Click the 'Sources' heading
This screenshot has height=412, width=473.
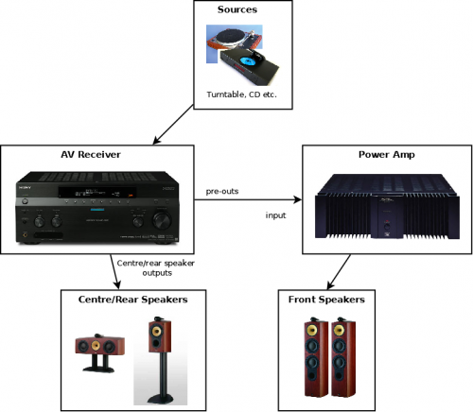237,9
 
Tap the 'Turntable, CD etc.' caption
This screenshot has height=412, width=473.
241,94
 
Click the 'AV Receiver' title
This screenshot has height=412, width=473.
91,155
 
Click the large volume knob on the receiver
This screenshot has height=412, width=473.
162,220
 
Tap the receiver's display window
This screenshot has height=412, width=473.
97,192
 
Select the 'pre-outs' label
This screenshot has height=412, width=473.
222,191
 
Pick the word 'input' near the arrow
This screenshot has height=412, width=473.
275,215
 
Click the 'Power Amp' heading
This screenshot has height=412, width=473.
387,155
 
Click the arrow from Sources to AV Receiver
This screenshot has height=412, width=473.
173,125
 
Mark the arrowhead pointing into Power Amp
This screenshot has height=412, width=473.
298,199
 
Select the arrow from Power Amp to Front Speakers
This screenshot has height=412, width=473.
339,272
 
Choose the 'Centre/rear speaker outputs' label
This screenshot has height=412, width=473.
156,267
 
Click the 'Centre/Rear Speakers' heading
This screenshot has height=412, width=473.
132,300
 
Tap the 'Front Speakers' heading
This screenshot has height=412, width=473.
326,300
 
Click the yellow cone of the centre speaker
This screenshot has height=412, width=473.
96,345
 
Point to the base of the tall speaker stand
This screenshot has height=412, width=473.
161,399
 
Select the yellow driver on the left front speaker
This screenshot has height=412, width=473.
312,330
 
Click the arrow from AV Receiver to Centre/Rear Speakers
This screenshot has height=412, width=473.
115,272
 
